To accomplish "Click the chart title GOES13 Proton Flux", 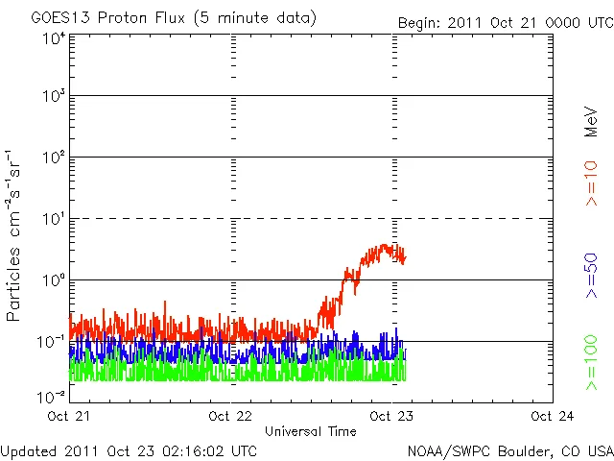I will tap(174, 18).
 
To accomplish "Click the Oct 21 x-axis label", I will tap(69, 416).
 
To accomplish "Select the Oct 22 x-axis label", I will tap(230, 416).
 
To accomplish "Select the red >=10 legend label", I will tap(592, 184).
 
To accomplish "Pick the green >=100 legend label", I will tap(592, 363).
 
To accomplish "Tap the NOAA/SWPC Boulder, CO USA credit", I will tap(509, 449).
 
